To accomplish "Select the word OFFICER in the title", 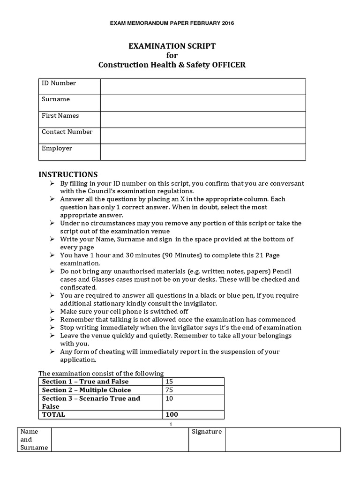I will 224,65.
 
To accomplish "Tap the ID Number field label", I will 59,83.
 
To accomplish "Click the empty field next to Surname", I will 203,103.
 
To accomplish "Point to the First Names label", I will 60,116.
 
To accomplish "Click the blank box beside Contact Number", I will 203,135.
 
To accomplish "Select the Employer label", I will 57,149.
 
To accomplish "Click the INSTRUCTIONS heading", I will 68,174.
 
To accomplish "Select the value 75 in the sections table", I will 169,390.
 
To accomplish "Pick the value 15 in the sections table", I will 169,382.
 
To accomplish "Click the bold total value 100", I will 172,415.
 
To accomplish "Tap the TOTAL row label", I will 53,415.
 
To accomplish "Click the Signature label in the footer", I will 207,432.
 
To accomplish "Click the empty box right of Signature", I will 283,439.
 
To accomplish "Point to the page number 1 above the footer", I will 171,424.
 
